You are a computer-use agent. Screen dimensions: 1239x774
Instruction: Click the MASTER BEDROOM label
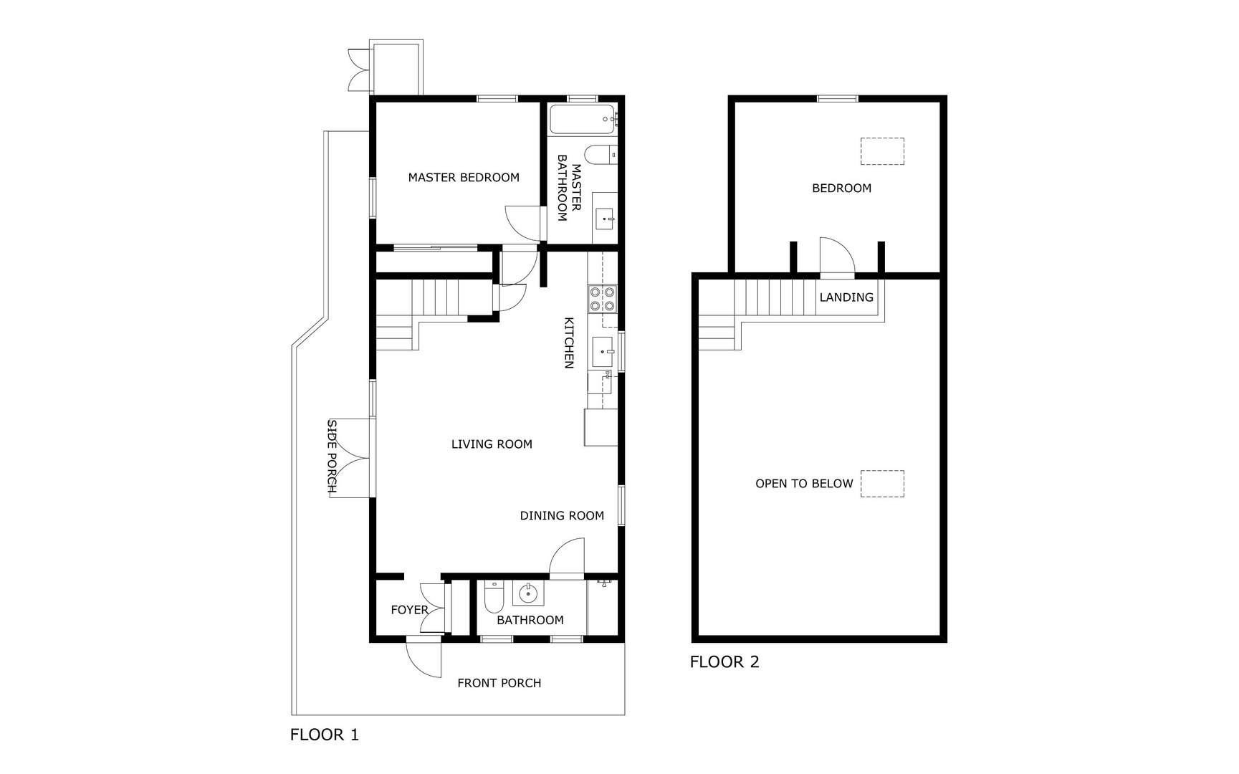tap(464, 178)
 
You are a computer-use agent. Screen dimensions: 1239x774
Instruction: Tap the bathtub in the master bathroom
tap(581, 119)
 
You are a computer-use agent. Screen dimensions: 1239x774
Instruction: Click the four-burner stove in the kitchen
tap(602, 298)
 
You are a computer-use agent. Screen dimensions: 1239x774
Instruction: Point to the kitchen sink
tap(603, 352)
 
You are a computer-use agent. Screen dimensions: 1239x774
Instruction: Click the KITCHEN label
tap(569, 343)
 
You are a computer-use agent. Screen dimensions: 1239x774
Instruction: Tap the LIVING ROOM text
tap(492, 444)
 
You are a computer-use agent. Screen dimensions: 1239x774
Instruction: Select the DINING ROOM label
tap(562, 516)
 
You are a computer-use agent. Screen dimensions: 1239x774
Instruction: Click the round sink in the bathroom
tap(528, 593)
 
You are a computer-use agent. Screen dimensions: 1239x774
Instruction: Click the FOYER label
tap(409, 610)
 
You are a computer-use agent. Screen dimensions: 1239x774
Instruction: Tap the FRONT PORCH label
tap(499, 684)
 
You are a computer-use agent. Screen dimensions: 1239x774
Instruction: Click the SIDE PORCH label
tap(333, 457)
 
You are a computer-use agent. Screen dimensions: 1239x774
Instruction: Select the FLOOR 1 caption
tap(325, 735)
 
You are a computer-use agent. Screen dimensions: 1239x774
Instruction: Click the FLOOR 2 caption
tap(724, 662)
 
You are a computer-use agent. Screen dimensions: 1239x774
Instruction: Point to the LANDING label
tap(846, 297)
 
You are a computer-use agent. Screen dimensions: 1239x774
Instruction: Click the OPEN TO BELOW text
tap(804, 484)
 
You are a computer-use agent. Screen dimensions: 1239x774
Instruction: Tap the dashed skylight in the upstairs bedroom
tap(882, 151)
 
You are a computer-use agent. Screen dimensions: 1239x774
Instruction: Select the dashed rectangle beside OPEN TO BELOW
tap(882, 484)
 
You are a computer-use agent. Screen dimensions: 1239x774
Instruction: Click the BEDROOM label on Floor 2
tap(842, 188)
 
